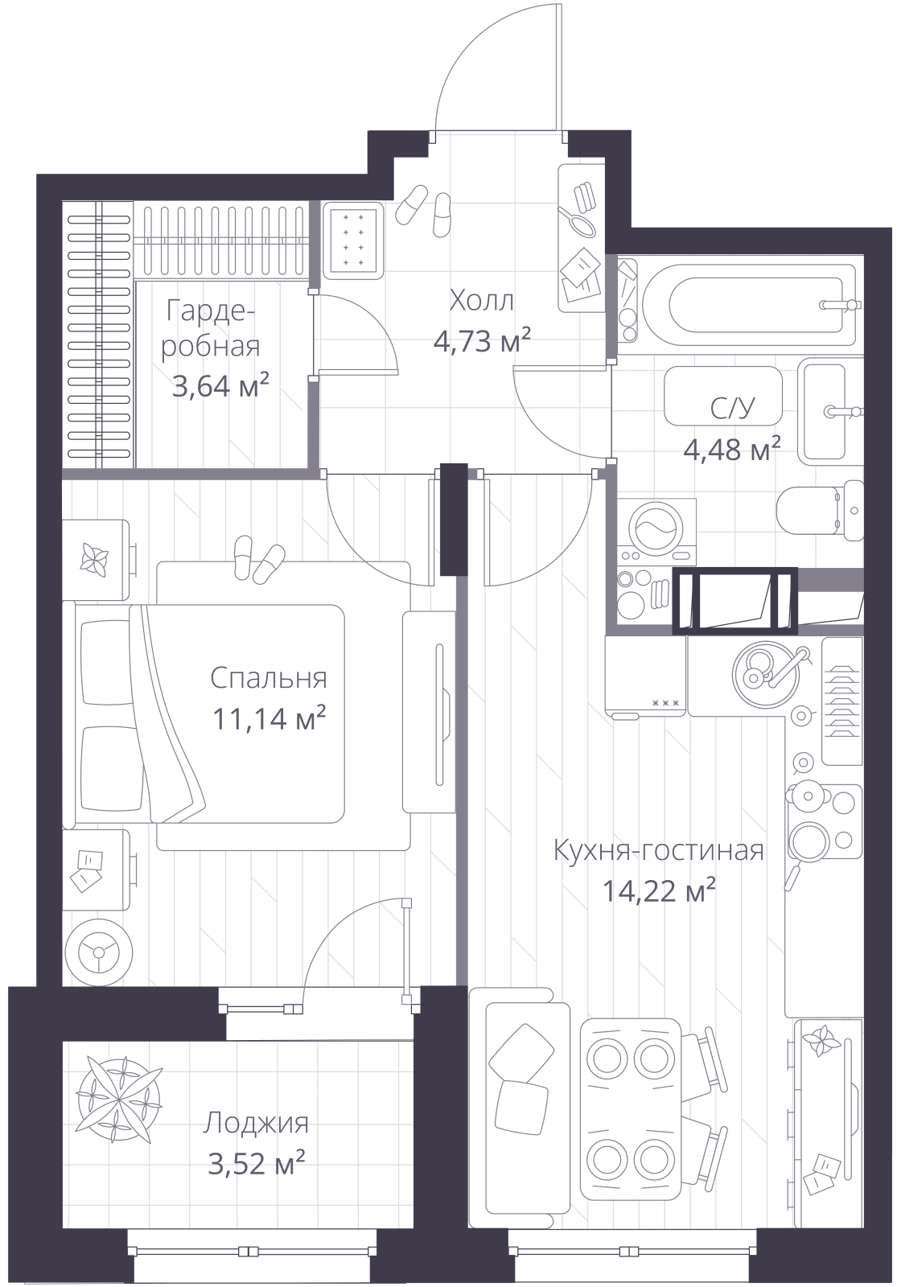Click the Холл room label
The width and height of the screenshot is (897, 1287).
coord(481,301)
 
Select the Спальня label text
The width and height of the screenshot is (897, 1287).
coord(269,679)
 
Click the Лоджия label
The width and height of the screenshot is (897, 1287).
coord(256,1123)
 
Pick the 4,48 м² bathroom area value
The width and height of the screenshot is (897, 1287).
coord(732,449)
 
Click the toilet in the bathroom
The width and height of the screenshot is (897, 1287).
coord(820,511)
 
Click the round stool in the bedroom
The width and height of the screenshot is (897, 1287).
coord(99,952)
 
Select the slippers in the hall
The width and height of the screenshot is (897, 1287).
coord(423,210)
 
